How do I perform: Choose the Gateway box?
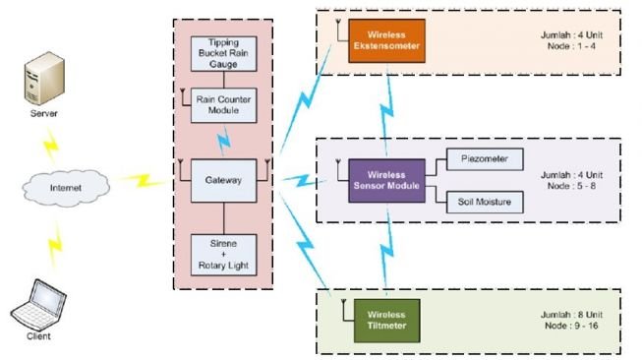click(224, 179)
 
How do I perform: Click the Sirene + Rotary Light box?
click(225, 254)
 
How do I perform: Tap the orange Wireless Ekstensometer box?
click(385, 39)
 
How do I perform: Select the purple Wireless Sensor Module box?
click(385, 181)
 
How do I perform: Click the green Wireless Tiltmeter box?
click(385, 319)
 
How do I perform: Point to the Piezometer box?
click(485, 158)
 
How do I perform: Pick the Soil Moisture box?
click(485, 203)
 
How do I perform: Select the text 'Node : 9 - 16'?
click(571, 324)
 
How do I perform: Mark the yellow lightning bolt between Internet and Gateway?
click(143, 181)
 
